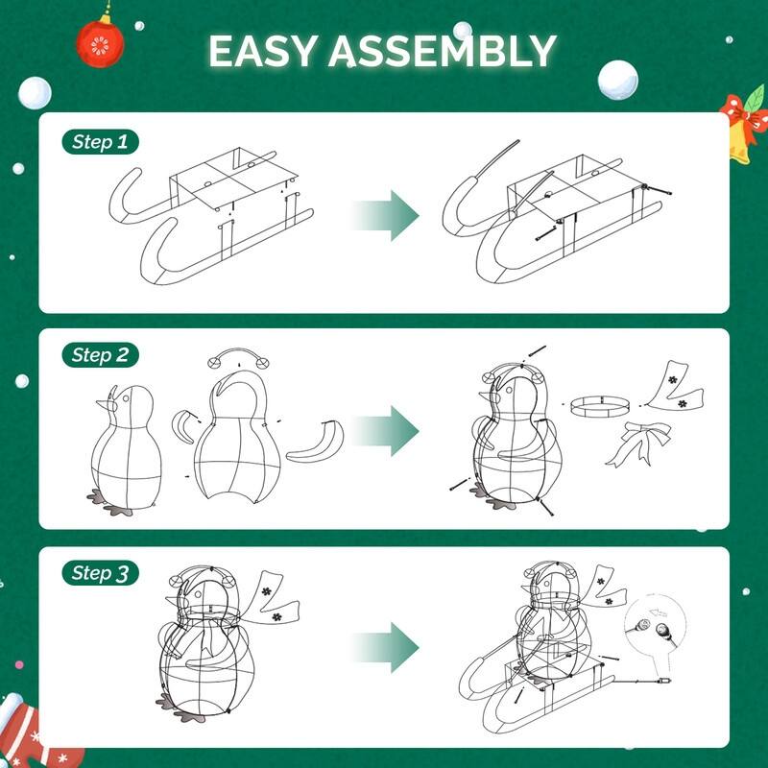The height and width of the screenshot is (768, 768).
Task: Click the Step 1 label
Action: (x=100, y=143)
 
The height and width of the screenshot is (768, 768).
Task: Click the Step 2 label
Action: (x=100, y=355)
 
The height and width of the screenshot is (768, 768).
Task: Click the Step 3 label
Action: (x=100, y=573)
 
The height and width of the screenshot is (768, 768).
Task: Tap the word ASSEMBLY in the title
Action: (x=443, y=52)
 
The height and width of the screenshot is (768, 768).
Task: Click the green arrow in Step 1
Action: (x=386, y=214)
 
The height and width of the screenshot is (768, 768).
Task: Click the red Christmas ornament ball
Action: (x=100, y=42)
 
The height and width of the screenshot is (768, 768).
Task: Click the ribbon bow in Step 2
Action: (x=637, y=441)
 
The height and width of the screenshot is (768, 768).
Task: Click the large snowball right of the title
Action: (x=617, y=81)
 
